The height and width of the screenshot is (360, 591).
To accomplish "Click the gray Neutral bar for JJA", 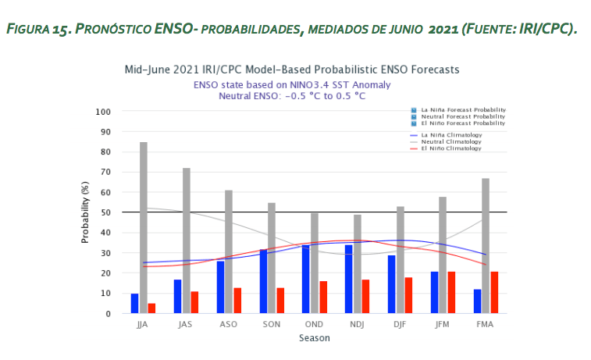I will click(144, 227).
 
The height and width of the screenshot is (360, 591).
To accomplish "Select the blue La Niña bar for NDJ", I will click(348, 279).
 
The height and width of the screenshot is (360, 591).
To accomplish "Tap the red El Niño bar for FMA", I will click(493, 292).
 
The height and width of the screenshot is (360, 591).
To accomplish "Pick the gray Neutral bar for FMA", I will click(485, 245).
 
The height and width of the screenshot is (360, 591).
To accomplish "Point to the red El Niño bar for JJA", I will click(151, 308).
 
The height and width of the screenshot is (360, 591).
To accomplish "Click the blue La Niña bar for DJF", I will click(391, 284).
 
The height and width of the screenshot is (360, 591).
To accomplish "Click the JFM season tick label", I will click(442, 324).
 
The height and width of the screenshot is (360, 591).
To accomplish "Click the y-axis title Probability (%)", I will click(85, 212).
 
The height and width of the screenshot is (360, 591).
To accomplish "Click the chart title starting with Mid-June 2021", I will click(292, 70).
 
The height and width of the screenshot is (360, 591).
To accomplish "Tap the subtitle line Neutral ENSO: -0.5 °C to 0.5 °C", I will click(292, 95).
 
